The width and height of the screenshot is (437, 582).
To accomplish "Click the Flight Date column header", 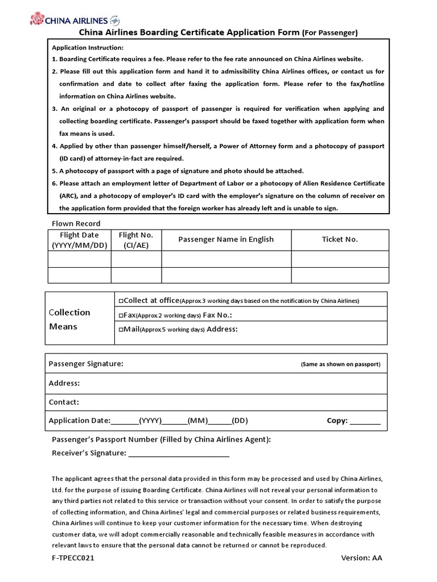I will click(x=79, y=240).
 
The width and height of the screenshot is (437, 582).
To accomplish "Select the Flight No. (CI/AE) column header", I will click(x=136, y=240).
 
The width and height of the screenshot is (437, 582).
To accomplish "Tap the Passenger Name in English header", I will click(x=226, y=239).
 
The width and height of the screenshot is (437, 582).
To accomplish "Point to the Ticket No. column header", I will click(x=340, y=239).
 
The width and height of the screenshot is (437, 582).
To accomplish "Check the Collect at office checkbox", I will click(x=121, y=301).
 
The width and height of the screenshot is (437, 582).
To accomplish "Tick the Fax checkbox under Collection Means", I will click(x=121, y=315).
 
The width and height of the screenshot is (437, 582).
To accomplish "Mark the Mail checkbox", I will click(x=121, y=330).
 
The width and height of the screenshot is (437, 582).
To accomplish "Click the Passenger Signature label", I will click(x=86, y=364).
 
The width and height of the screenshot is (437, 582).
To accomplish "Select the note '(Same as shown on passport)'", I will click(x=340, y=364).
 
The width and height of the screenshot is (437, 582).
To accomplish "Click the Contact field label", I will click(x=64, y=402).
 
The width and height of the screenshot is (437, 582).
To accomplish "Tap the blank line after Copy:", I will click(x=365, y=422).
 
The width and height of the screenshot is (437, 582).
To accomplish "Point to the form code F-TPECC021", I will click(x=73, y=558).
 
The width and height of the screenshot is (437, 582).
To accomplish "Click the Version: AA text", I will click(x=361, y=558).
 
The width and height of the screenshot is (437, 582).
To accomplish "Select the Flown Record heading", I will click(x=76, y=223).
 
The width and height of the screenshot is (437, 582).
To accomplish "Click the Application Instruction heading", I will click(x=87, y=48).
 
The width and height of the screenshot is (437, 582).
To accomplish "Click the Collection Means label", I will click(x=69, y=319).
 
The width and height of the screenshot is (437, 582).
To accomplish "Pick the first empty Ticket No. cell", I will click(x=340, y=259).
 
